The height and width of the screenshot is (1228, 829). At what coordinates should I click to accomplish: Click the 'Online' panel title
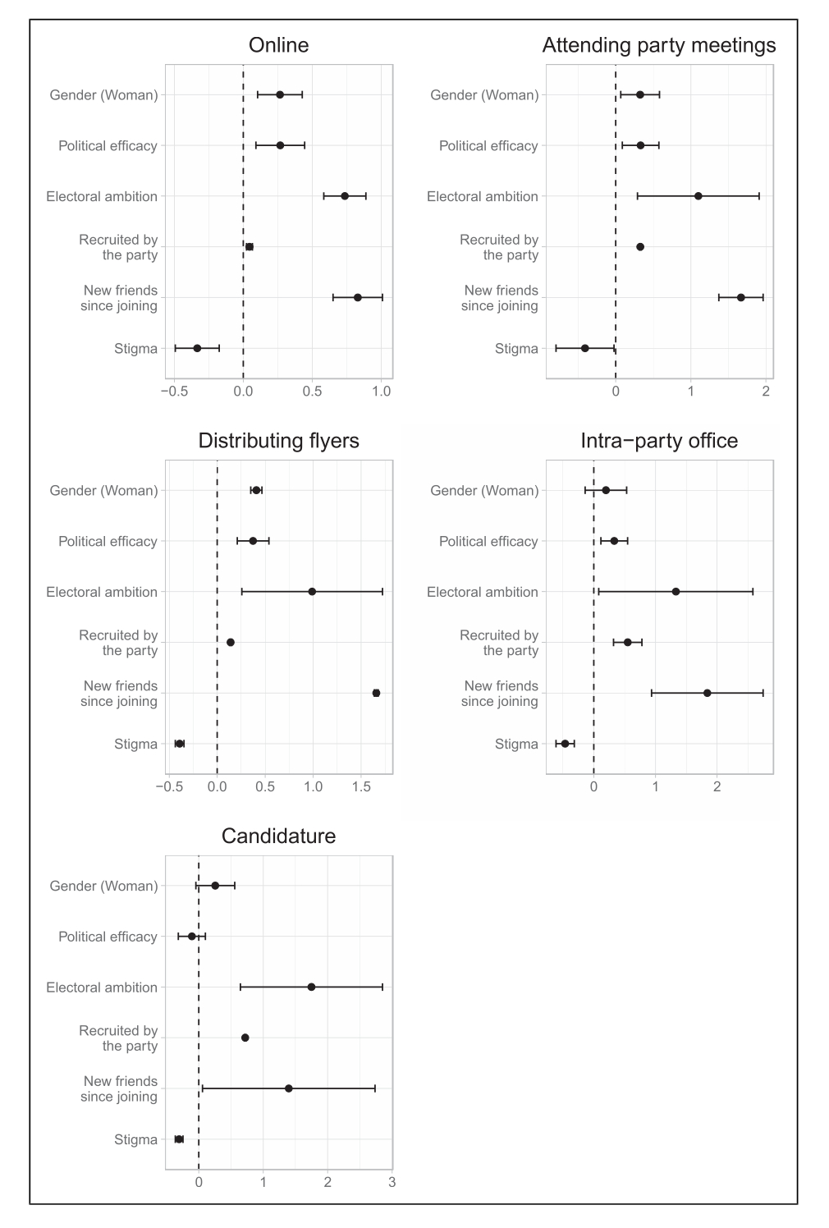[x=278, y=45]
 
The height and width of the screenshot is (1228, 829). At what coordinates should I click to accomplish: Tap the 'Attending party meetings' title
[x=658, y=45]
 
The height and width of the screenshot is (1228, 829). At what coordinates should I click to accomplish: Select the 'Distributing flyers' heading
[x=278, y=441]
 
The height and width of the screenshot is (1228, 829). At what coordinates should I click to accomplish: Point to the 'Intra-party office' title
[x=658, y=441]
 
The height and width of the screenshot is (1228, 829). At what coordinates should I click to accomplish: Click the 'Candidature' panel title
[x=278, y=836]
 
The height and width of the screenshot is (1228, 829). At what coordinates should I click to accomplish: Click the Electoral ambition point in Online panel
[x=345, y=196]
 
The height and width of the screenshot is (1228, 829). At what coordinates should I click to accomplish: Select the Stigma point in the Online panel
[x=197, y=348]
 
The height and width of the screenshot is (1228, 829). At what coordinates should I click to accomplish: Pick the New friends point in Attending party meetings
[x=740, y=297]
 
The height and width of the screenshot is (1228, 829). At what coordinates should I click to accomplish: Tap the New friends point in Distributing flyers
[x=376, y=693]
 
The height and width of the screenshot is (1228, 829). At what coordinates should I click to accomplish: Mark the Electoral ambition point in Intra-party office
[x=676, y=592]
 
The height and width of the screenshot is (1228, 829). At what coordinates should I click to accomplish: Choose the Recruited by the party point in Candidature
[x=245, y=1038]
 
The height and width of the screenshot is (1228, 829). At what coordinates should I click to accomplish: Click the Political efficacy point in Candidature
[x=192, y=936]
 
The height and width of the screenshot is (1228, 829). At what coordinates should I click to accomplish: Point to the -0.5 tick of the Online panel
[x=173, y=392]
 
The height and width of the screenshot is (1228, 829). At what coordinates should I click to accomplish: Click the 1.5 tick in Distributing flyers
[x=361, y=787]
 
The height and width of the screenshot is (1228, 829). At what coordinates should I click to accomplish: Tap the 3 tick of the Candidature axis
[x=392, y=1183]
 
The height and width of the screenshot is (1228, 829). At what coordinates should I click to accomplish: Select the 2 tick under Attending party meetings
[x=765, y=392]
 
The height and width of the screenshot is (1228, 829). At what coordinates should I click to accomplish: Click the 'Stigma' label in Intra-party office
[x=516, y=745]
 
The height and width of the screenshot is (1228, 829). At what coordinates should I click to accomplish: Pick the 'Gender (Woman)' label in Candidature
[x=103, y=887]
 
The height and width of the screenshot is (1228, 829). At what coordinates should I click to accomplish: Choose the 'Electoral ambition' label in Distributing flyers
[x=102, y=593]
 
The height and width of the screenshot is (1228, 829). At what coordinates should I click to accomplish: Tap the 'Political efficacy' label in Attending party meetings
[x=488, y=146]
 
